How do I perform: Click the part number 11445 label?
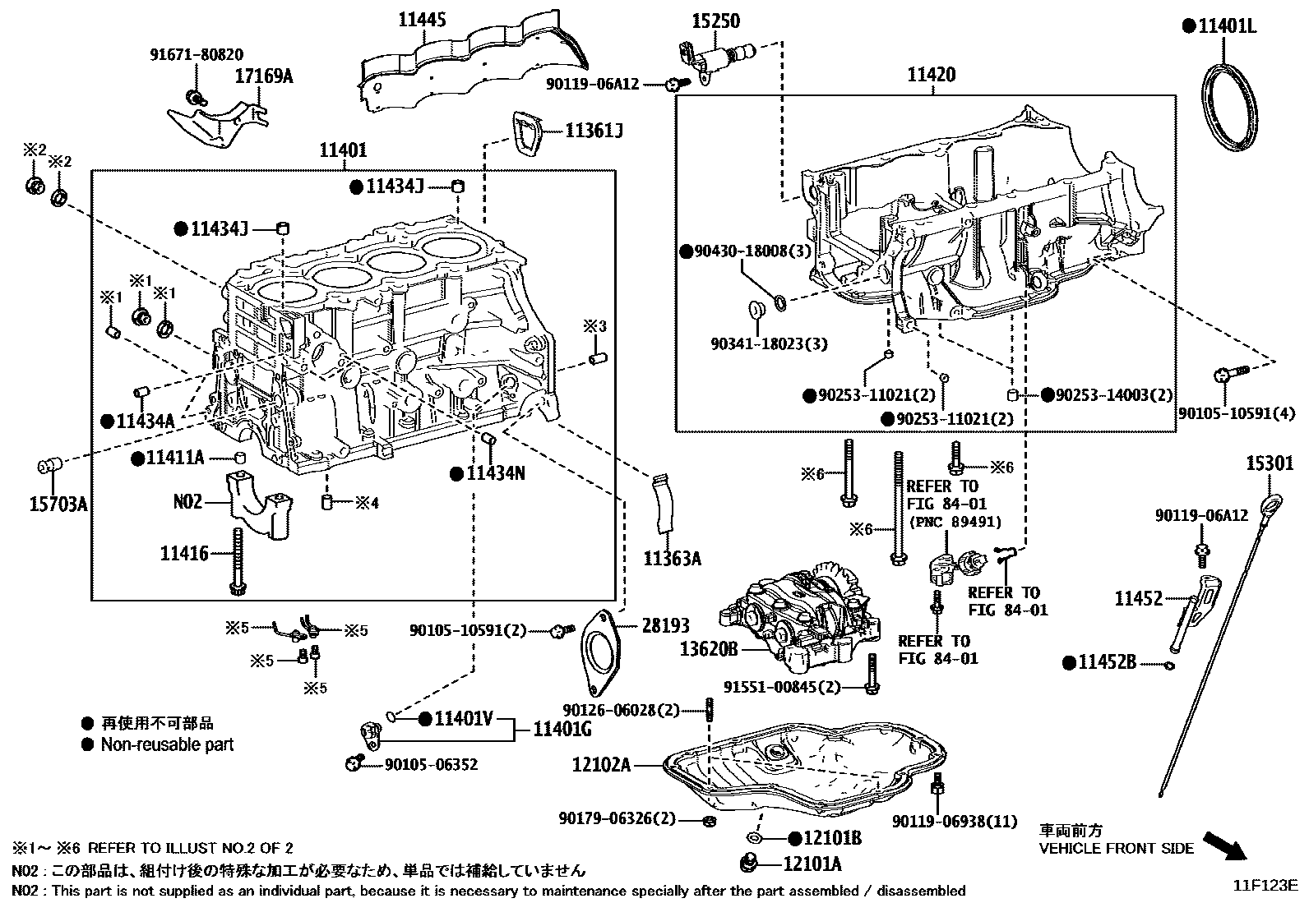(x=423, y=19)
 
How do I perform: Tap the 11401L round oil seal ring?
(x=1230, y=107)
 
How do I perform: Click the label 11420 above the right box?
(x=932, y=75)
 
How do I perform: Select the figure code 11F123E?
(x=1264, y=885)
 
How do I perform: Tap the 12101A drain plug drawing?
(x=749, y=864)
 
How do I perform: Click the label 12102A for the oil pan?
(x=602, y=765)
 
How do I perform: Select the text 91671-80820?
(x=197, y=55)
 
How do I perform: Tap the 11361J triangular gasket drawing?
(x=528, y=133)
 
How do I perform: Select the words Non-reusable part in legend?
(x=167, y=744)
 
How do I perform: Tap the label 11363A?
(x=672, y=559)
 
